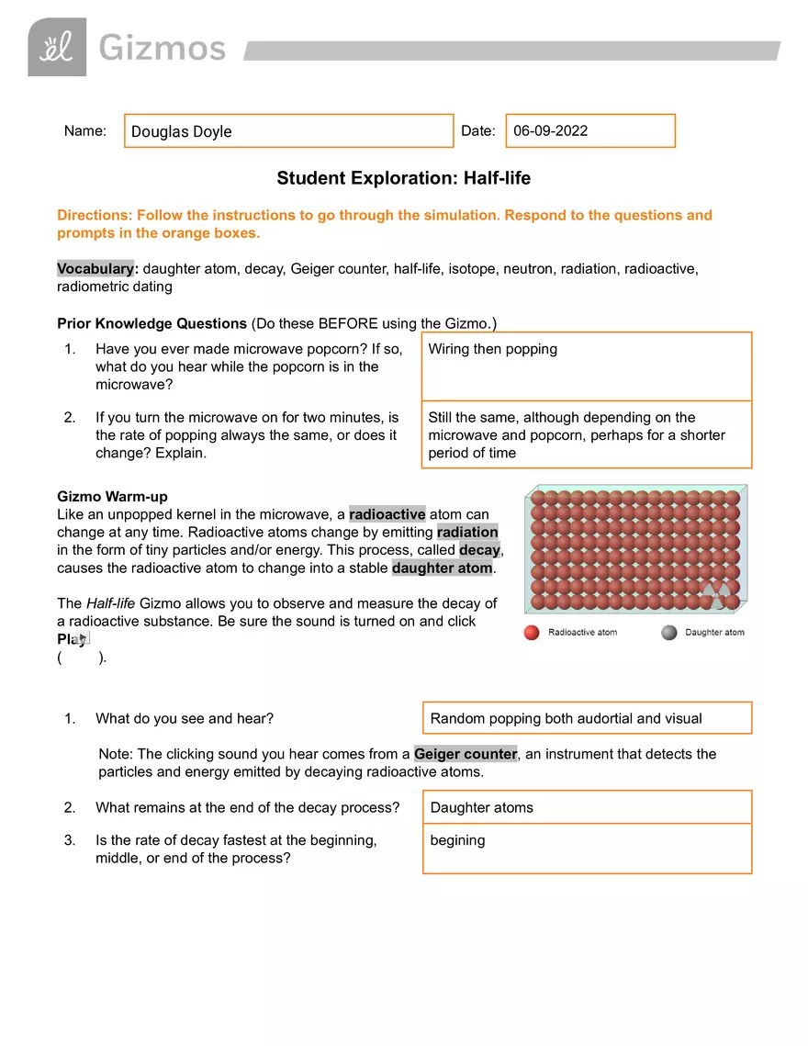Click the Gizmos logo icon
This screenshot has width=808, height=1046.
pyautogui.click(x=57, y=47)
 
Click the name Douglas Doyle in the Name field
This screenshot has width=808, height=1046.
pyautogui.click(x=181, y=131)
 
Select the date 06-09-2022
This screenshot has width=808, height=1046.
pyautogui.click(x=551, y=130)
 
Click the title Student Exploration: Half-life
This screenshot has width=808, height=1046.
pyautogui.click(x=403, y=178)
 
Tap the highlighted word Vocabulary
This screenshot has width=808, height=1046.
pyautogui.click(x=95, y=269)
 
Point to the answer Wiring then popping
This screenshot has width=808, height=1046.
pyautogui.click(x=492, y=349)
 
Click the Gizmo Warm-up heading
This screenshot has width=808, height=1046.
pyautogui.click(x=112, y=497)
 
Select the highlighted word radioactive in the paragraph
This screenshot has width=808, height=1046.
pyautogui.click(x=387, y=514)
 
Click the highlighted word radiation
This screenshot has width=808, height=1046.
pyautogui.click(x=467, y=532)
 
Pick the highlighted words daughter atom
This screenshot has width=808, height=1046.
pyautogui.click(x=443, y=568)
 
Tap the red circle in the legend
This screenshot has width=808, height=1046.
pyautogui.click(x=531, y=633)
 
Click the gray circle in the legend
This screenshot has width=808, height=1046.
pyautogui.click(x=668, y=633)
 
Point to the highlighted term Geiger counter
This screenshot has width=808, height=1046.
pyautogui.click(x=466, y=754)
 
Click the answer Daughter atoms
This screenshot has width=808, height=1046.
pyautogui.click(x=481, y=808)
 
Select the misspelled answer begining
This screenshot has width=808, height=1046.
pyautogui.click(x=457, y=840)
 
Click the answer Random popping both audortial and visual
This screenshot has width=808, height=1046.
pyautogui.click(x=566, y=718)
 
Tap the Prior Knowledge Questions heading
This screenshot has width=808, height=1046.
pyautogui.click(x=151, y=323)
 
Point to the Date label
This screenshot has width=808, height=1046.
pyautogui.click(x=477, y=131)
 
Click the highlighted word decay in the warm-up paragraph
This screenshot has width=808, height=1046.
pyautogui.click(x=479, y=550)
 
